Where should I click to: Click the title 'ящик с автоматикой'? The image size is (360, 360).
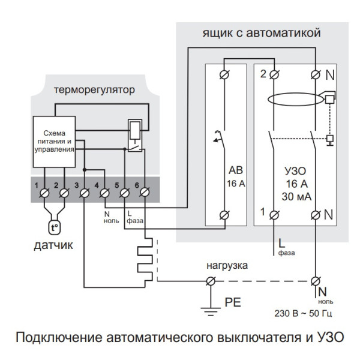[259, 32]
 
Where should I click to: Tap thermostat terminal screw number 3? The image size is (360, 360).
[84, 193]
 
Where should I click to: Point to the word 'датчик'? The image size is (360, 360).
[53, 245]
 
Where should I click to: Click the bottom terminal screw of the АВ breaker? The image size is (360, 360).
[227, 214]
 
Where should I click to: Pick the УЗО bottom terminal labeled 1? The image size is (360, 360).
[275, 214]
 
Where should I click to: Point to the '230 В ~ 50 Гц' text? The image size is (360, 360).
[304, 314]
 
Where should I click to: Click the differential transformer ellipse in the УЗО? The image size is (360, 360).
[293, 99]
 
